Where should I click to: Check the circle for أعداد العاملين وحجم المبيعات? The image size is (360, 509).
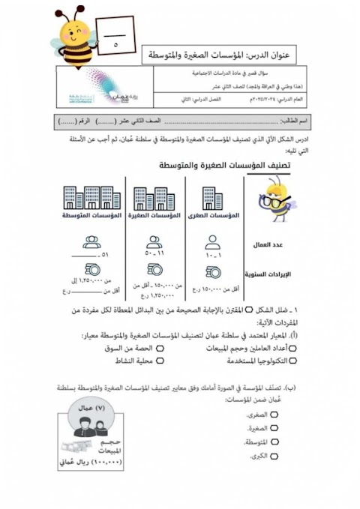(x=292, y=349)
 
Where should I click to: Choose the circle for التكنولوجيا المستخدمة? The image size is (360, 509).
(x=292, y=361)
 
